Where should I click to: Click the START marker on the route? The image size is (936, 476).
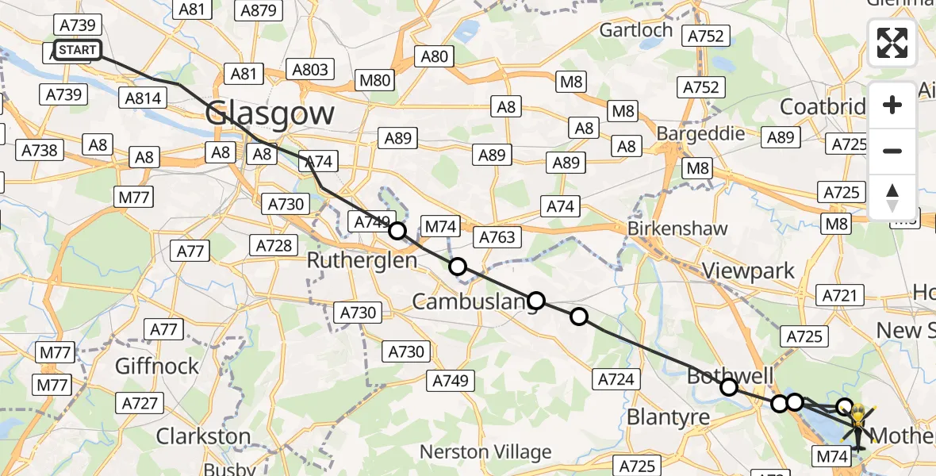click(x=78, y=51)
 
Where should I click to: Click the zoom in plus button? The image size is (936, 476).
click(x=892, y=105)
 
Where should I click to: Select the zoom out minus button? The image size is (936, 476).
click(x=892, y=151)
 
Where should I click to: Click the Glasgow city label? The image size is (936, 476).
click(x=270, y=113)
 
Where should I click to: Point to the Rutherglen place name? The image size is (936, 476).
click(x=362, y=261)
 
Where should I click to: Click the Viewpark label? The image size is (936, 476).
click(x=749, y=271)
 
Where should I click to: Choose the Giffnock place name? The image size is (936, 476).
click(x=157, y=366)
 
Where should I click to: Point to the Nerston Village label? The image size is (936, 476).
click(x=485, y=452)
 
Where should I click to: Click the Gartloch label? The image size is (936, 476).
click(x=636, y=30)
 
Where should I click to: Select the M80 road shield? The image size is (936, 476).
click(x=374, y=79)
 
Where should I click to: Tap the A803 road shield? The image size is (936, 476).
click(x=310, y=70)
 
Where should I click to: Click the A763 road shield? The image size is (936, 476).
click(x=497, y=236)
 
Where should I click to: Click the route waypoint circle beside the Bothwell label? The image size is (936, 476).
click(x=728, y=387)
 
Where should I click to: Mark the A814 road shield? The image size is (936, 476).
click(x=143, y=98)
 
